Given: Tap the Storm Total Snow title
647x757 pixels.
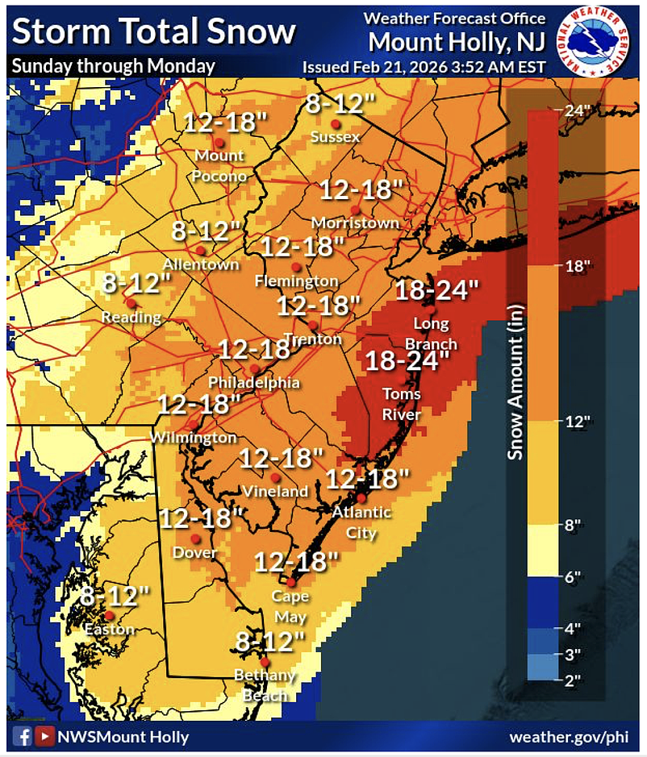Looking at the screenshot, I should tap(154, 32).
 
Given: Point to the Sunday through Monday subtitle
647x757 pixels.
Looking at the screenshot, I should tap(114, 66).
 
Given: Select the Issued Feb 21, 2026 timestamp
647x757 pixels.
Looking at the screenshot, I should tap(424, 66).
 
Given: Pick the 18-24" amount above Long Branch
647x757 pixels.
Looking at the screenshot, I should tap(436, 289).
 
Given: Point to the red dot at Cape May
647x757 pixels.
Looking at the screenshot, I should tap(290, 582).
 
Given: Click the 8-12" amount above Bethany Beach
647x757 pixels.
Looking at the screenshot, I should tap(270, 642).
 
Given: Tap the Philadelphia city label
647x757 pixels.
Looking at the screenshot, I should tap(254, 382).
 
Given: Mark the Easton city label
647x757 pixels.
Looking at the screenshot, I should tap(107, 630).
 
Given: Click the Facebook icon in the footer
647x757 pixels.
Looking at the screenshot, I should tap(22, 736).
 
